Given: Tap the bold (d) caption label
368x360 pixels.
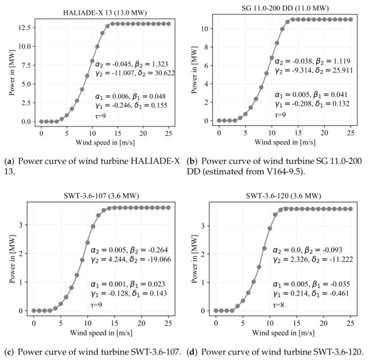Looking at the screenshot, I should (x=193, y=343).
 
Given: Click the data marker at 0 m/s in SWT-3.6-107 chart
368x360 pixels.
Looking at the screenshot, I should (x=33, y=310).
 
